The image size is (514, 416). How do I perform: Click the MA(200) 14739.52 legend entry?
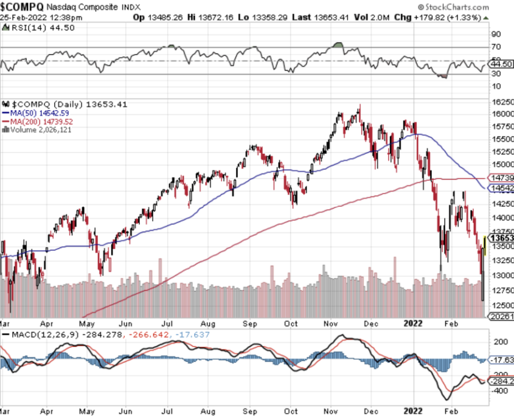41,120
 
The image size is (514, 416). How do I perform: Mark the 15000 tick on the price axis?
502,164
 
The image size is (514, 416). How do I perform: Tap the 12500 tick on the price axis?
502,305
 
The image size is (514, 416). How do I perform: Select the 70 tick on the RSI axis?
496,46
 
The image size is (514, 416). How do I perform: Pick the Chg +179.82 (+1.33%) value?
450,17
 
